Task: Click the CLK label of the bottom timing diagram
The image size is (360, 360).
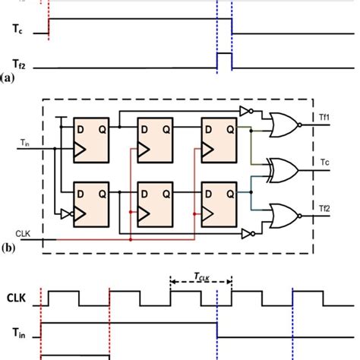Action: click(20, 299)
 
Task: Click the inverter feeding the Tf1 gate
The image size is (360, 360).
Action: click(245, 112)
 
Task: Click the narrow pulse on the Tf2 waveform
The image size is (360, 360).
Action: click(224, 59)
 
